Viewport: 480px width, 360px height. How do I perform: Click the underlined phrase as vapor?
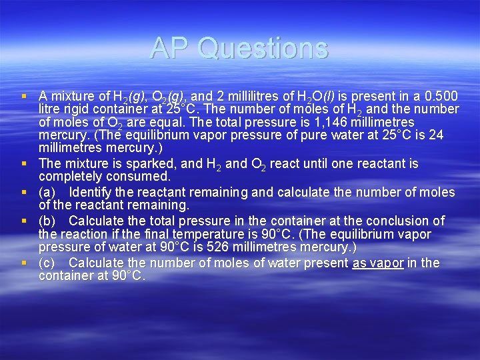[x=378, y=263]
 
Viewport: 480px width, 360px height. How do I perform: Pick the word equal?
[x=157, y=122]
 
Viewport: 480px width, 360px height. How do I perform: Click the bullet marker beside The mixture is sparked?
[x=23, y=164]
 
